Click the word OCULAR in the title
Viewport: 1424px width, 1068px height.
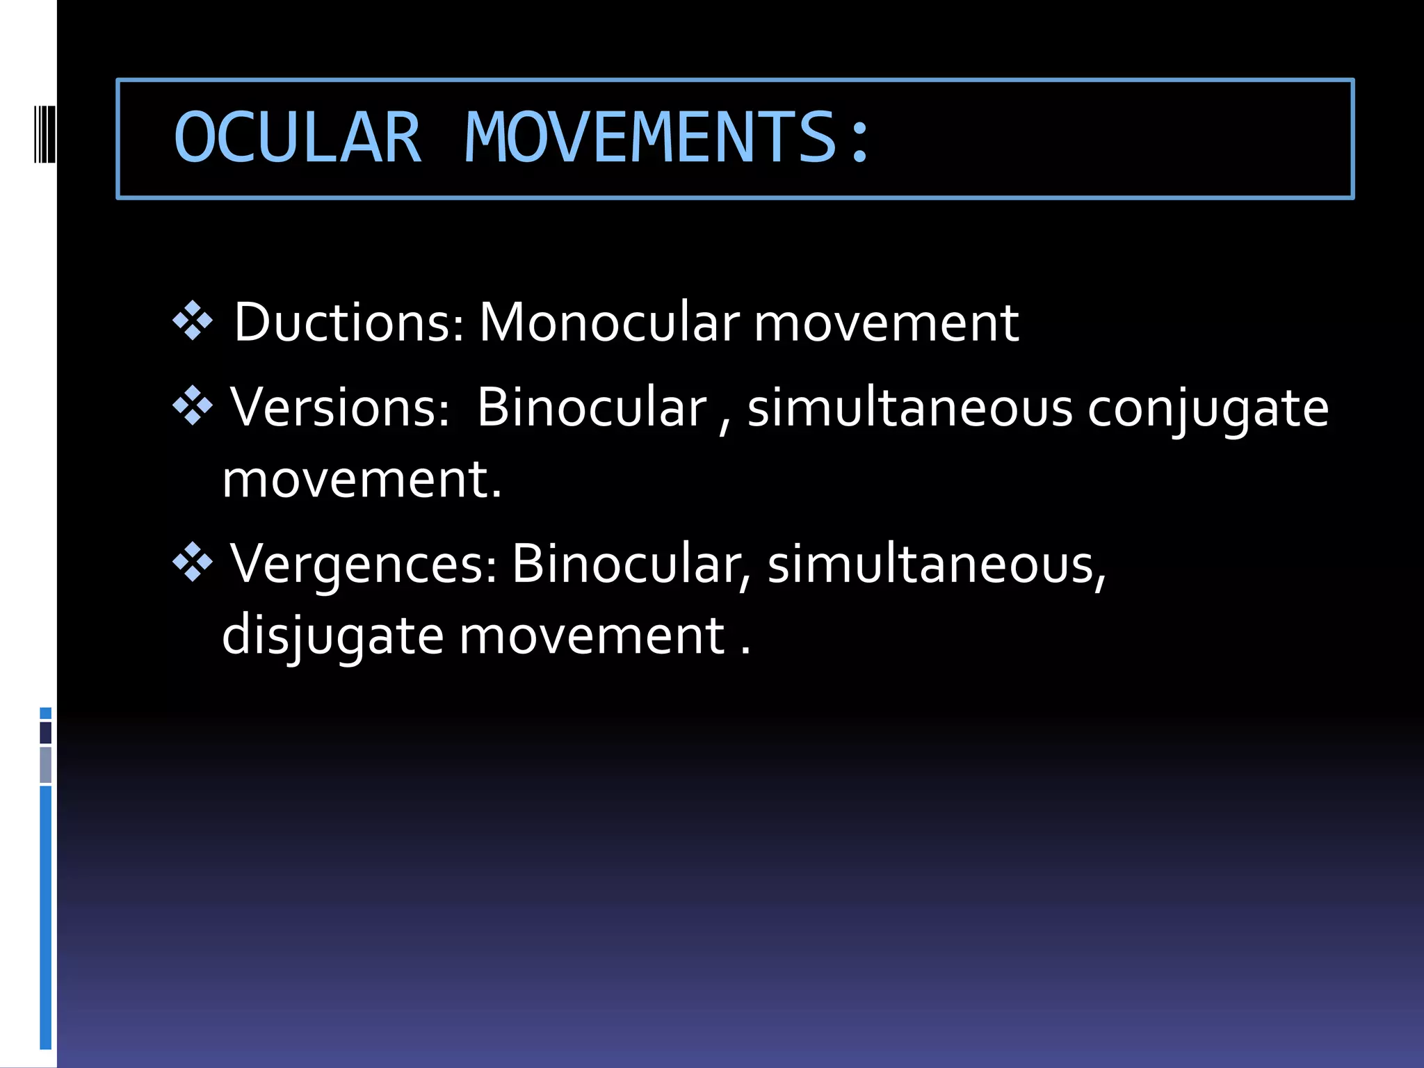pos(298,138)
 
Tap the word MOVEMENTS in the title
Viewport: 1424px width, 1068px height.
pos(650,138)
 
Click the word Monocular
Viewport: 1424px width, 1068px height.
pos(610,323)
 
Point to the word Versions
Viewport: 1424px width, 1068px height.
pos(339,408)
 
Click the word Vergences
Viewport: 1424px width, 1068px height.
pos(364,564)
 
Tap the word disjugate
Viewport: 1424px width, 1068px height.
pos(332,636)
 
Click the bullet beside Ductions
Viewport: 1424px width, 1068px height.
pos(193,321)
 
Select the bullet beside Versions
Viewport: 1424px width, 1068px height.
pos(193,406)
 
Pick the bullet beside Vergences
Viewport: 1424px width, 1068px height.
pos(193,563)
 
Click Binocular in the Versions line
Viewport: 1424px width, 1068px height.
pos(592,408)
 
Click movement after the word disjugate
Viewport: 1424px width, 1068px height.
pos(592,636)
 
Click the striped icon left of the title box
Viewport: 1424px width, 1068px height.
pos(45,133)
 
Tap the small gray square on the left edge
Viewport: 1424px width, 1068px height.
pos(46,765)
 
